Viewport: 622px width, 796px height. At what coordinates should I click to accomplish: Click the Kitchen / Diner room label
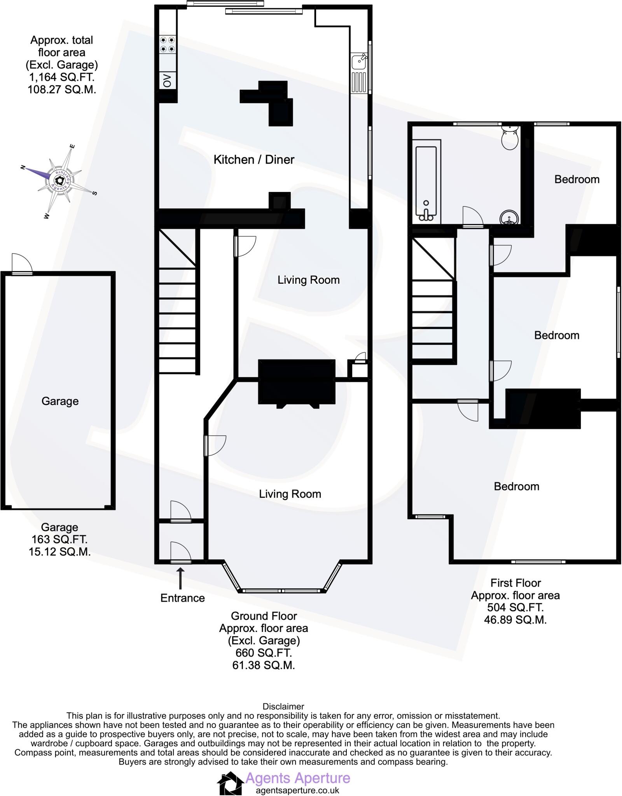tap(254, 159)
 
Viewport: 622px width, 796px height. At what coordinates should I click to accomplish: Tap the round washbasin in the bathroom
tap(509, 218)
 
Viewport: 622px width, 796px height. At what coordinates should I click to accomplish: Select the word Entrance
tap(183, 598)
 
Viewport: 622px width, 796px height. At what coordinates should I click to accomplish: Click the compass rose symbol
tap(59, 180)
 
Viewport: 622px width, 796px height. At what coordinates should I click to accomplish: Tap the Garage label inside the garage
tap(60, 401)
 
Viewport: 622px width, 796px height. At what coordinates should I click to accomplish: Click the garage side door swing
tap(22, 264)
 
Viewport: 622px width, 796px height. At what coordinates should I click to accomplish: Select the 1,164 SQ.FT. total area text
tap(61, 77)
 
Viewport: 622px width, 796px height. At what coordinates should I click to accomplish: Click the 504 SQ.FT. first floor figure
tap(515, 607)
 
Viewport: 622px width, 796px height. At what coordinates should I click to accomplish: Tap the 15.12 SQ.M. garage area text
tap(59, 552)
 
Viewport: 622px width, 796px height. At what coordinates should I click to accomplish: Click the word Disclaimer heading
tap(283, 706)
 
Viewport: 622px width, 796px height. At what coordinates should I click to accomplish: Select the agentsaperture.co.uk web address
tap(297, 790)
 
